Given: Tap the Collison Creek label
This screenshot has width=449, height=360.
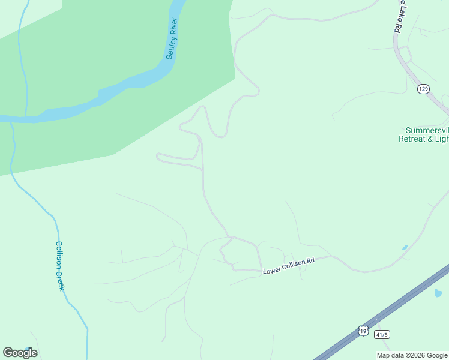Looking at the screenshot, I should pos(59,266).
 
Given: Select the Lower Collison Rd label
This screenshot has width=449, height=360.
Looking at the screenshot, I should pos(289,266).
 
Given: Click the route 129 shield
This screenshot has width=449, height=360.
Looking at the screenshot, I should pos(424,89).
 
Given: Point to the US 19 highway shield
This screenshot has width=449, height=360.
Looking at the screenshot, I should pos(363,331).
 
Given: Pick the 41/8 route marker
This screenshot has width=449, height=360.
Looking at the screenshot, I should pos(381,334).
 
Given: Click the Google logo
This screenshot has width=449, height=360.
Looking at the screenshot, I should pos(20,353).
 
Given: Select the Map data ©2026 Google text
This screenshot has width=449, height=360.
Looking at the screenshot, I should pos(412,355).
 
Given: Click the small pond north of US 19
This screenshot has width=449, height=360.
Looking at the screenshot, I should pos(405,247).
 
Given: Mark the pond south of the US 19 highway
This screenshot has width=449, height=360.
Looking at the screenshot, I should pos(438,293).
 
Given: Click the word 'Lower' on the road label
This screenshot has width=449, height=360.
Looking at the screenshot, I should pos(271,270).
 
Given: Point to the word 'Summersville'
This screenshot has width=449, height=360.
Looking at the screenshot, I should pos(427,130).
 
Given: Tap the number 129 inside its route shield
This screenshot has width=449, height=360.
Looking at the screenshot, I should pos(424,89).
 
